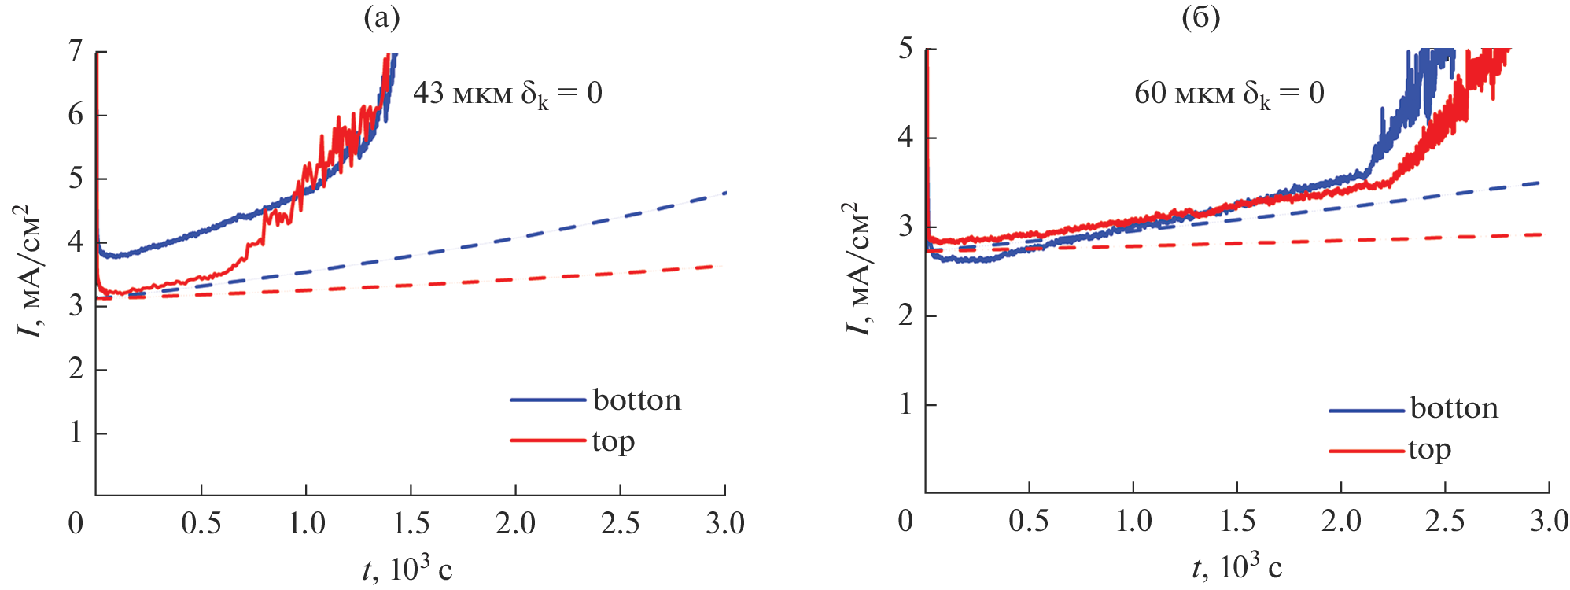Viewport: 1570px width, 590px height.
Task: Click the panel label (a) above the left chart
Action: (381, 17)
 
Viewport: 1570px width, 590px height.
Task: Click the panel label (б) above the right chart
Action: (1201, 17)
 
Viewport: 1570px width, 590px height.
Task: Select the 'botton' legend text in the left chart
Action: (636, 400)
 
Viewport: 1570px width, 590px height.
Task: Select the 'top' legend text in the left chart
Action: (614, 442)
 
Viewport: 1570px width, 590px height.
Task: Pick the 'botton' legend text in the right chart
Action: (1454, 408)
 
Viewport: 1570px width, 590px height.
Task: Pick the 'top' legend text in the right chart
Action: (1429, 450)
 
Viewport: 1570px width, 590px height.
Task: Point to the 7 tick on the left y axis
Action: (76, 51)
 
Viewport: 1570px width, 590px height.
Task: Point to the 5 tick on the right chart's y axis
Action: (905, 49)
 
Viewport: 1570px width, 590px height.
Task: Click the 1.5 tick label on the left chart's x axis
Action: (411, 523)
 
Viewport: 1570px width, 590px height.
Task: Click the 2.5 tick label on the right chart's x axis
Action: (1445, 521)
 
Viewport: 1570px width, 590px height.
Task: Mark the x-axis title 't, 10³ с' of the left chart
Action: (407, 568)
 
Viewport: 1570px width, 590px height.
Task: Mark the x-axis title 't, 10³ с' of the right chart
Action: (1236, 566)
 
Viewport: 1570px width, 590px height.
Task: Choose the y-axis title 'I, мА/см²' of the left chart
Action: (30, 271)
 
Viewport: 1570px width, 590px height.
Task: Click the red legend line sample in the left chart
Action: (548, 440)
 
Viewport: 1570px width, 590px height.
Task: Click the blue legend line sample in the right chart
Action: (1366, 411)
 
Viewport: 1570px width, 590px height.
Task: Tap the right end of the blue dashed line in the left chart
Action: (724, 193)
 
